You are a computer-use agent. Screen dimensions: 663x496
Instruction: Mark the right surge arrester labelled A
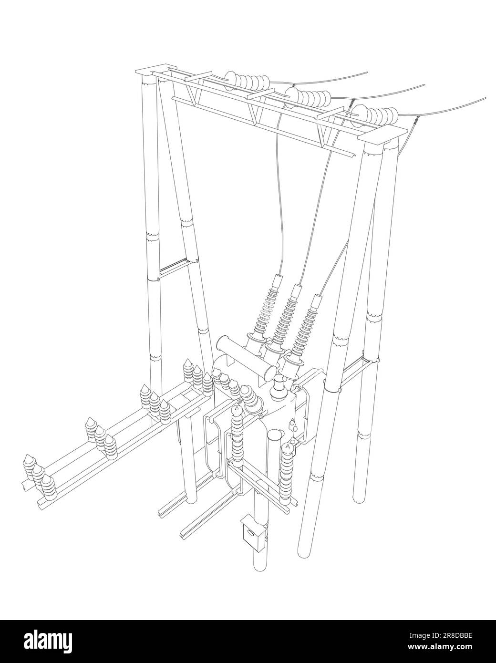[287, 472]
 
